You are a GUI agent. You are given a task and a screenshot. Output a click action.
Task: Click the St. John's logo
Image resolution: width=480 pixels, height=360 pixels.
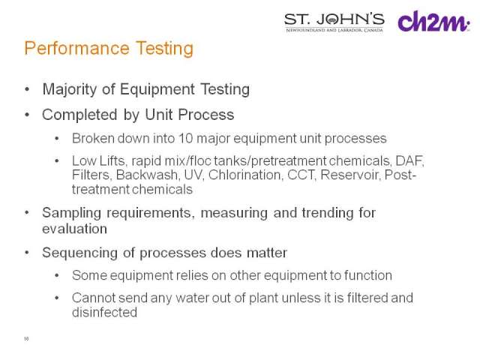coord(334,22)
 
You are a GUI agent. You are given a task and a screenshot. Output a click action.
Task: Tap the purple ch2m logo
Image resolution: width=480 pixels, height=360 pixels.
coord(433,21)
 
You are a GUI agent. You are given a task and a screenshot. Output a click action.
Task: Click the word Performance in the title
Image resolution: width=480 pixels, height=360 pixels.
coord(76,48)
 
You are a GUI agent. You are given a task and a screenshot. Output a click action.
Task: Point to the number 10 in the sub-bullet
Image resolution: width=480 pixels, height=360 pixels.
coord(186,138)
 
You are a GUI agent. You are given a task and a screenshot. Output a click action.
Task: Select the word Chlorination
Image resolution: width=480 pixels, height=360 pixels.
coord(245,175)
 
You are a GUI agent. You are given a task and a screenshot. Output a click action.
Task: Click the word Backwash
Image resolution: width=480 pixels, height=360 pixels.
coord(147,175)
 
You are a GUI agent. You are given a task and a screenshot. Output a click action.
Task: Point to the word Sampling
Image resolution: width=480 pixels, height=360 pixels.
coord(72,213)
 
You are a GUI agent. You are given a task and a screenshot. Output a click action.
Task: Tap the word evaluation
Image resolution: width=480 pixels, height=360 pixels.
coord(75,229)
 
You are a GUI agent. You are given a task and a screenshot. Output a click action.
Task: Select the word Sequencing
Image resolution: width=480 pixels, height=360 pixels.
coord(80,253)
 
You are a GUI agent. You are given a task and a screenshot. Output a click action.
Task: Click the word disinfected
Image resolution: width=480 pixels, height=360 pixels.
coord(105,312)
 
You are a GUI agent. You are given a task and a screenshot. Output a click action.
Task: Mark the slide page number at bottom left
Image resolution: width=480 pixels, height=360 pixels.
coord(26,339)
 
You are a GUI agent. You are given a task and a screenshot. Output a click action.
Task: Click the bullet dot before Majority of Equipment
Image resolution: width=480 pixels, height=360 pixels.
coord(27,89)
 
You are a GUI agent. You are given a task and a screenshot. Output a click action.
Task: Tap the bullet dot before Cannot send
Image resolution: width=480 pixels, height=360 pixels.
coord(57,298)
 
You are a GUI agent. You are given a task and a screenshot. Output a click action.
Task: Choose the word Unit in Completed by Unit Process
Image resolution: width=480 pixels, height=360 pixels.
coord(158,115)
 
